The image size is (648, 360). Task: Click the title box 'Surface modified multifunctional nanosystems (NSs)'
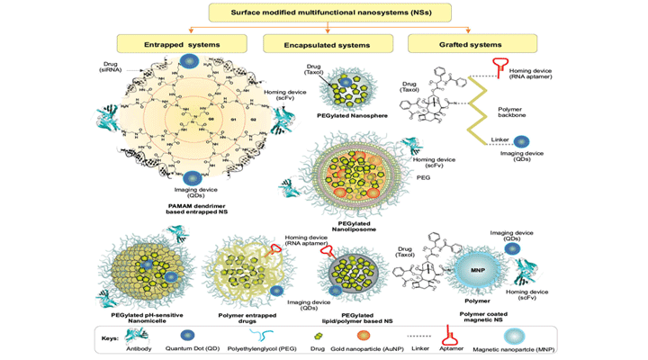coord(324,13)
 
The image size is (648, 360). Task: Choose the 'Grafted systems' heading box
coord(460,42)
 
